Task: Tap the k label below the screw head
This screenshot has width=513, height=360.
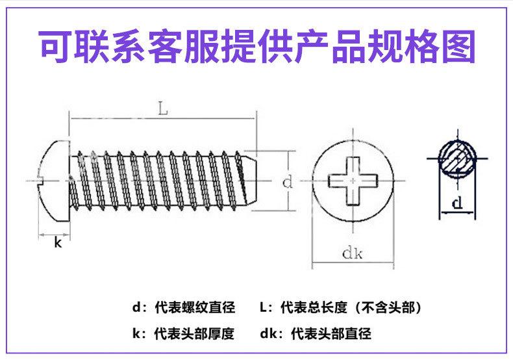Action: [57, 243]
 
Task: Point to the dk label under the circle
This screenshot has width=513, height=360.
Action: [352, 254]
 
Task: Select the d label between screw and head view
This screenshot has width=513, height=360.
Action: [287, 183]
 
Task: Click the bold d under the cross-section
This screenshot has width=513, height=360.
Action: [458, 204]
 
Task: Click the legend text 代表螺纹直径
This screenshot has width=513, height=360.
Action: [194, 307]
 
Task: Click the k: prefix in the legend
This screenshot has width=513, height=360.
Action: [139, 335]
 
